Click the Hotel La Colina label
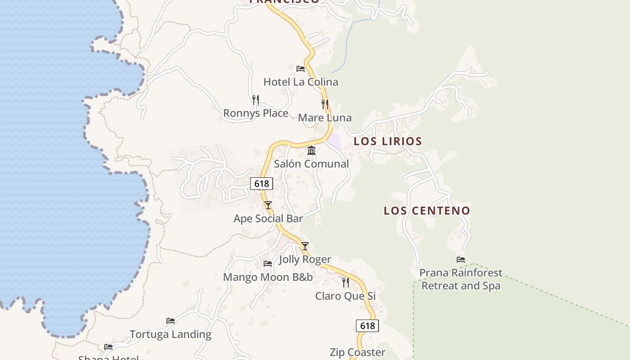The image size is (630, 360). pos(301,82)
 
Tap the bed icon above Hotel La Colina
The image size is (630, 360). pos(301,69)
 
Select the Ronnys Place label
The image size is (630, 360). pos(256,113)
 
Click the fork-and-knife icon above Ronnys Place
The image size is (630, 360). pos(256,99)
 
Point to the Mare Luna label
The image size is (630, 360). pos(324,118)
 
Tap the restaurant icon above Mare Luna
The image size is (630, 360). pos(324,104)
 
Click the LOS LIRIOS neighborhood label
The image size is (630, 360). pos(387,141)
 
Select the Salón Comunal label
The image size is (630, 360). pos(311,164)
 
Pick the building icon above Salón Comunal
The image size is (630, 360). pos(311,150)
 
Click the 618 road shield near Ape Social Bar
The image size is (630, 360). pos(261,184)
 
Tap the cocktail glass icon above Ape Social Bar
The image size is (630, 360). pos(268,205)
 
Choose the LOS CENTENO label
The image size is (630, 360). pos(427,211)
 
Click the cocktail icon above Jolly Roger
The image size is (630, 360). pos(305,246)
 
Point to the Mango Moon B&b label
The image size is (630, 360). pos(268,277)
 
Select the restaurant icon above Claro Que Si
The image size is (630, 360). pos(345,283)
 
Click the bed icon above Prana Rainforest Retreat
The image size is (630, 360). pos(460,260)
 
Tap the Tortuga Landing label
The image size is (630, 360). pos(171,334)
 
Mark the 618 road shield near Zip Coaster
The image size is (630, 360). pos(367,326)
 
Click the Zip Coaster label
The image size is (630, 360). pos(357,352)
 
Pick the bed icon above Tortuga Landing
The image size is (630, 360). pos(171,321)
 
